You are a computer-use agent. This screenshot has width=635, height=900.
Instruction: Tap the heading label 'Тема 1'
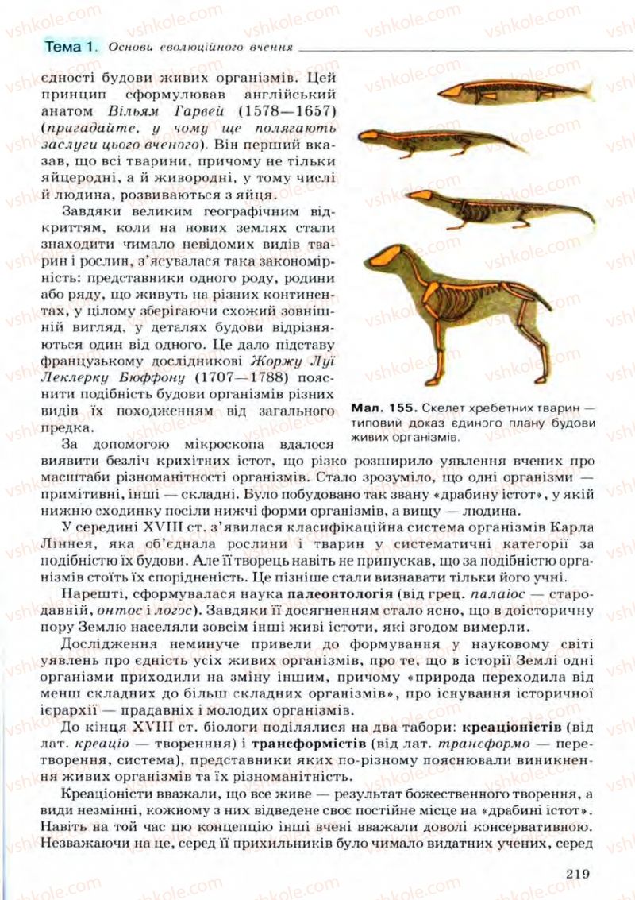pos(69,45)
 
